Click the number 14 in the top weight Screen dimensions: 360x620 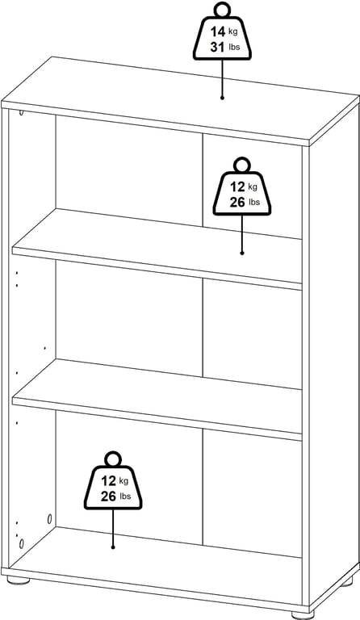(218, 31)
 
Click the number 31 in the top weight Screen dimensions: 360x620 (217, 48)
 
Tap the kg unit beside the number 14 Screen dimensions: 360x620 (233, 31)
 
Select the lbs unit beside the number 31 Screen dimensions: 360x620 (234, 48)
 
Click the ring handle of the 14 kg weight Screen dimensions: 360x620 (223, 10)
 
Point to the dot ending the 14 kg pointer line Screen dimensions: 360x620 (222, 97)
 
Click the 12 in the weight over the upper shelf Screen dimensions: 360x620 (237, 186)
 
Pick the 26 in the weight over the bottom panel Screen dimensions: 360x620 (108, 496)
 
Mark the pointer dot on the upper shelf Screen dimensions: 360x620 (242, 253)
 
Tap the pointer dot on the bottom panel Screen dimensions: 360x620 (113, 547)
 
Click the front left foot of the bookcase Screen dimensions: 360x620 (19, 581)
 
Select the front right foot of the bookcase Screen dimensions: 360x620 (303, 614)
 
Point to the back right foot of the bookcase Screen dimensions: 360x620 (347, 581)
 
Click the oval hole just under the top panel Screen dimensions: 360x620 (21, 113)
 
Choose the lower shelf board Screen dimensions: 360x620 (157, 399)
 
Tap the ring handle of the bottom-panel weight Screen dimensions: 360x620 (113, 459)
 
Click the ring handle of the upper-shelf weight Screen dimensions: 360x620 (242, 165)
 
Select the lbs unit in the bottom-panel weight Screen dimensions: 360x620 (125, 496)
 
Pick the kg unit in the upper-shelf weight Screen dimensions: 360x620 (253, 186)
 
